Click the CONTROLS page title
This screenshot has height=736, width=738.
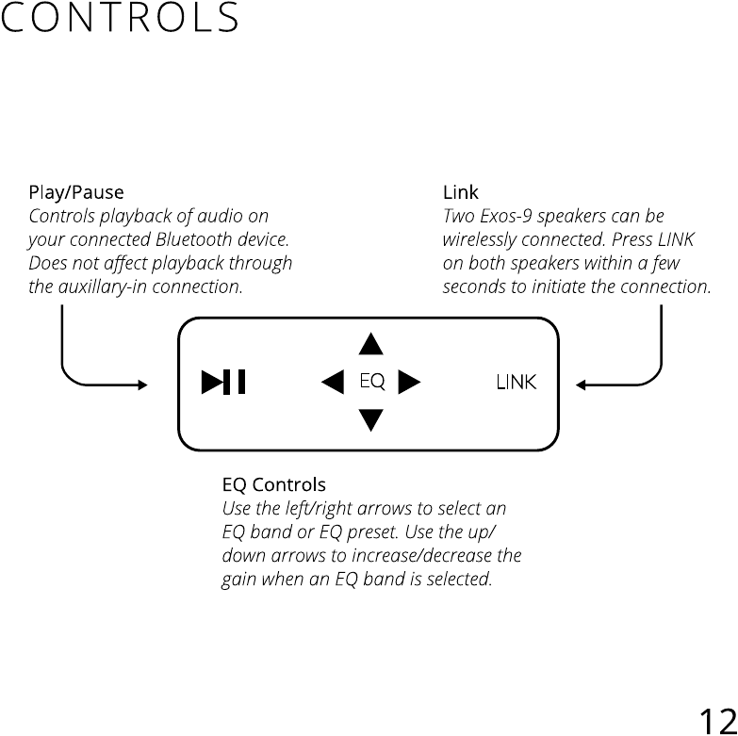(120, 19)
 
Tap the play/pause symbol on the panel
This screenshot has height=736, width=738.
(223, 382)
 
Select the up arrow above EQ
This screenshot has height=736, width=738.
(371, 345)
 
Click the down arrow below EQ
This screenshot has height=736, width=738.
(371, 418)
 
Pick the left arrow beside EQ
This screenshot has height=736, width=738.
(333, 382)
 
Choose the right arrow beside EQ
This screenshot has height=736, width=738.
(409, 382)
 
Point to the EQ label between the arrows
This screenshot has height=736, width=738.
(372, 382)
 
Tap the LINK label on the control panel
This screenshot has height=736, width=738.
(517, 382)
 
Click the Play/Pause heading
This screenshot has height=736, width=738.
(75, 194)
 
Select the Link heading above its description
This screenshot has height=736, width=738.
(461, 194)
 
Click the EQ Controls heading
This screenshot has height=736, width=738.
(273, 485)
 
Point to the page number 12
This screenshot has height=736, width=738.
(717, 720)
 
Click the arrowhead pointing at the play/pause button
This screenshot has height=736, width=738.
(142, 384)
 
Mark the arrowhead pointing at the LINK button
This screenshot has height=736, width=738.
(582, 384)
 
